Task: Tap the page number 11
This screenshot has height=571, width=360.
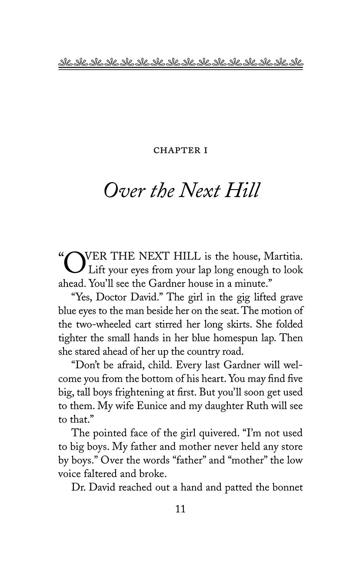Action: (180, 509)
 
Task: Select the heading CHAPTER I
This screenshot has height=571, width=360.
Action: (180, 151)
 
